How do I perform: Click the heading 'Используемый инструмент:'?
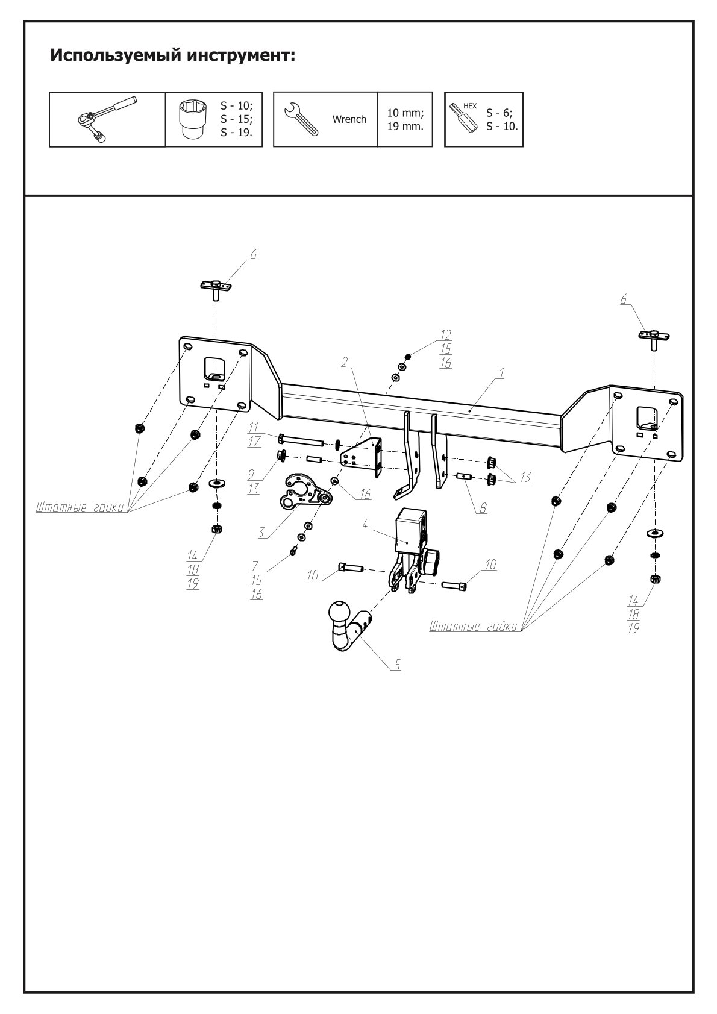tap(173, 56)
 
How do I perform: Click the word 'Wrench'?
tap(349, 119)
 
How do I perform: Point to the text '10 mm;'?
tap(405, 112)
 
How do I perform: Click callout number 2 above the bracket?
tap(345, 361)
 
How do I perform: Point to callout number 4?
tap(365, 525)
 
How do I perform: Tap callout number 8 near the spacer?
tap(483, 509)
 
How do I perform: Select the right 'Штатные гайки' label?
tap(474, 627)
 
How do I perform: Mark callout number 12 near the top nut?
tap(446, 334)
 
